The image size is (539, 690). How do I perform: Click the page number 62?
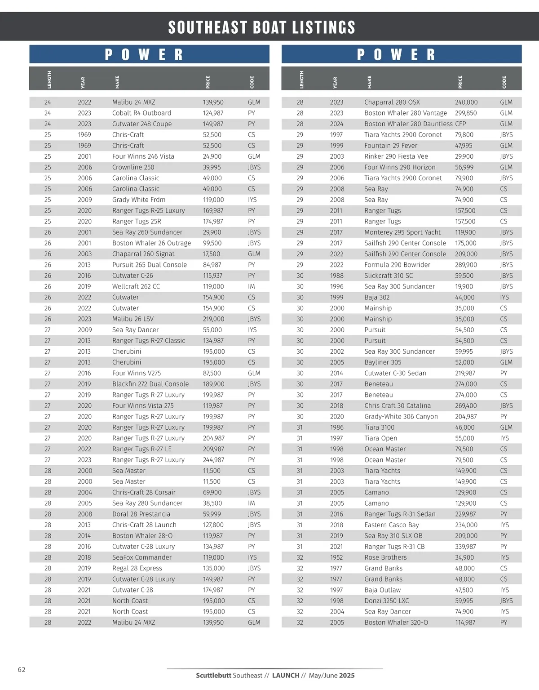coord(22,669)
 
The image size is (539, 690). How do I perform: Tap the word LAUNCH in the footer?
coord(286,675)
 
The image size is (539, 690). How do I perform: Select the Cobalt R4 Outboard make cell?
coord(141,113)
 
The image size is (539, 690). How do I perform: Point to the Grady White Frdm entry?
coord(139,200)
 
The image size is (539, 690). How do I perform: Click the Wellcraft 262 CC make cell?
coord(136,286)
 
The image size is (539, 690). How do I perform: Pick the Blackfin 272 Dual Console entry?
coord(150,384)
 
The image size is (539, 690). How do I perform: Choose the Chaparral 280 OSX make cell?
coord(392,102)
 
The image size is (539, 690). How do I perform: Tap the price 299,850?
coord(466,113)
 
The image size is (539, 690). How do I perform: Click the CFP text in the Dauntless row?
coord(460,124)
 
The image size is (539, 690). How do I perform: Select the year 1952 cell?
coord(336,557)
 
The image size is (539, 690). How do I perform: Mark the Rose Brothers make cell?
coord(385,557)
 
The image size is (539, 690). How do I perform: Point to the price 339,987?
coord(466,547)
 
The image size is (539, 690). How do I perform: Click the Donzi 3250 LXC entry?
coord(387,601)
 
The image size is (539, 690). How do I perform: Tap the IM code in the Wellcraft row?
coord(251,286)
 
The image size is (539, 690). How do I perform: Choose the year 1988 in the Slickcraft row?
coord(336,276)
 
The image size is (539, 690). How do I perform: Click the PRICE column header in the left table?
coord(208,82)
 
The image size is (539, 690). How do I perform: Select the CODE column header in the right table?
coord(504,82)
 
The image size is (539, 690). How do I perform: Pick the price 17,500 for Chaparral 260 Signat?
coord(212,254)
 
